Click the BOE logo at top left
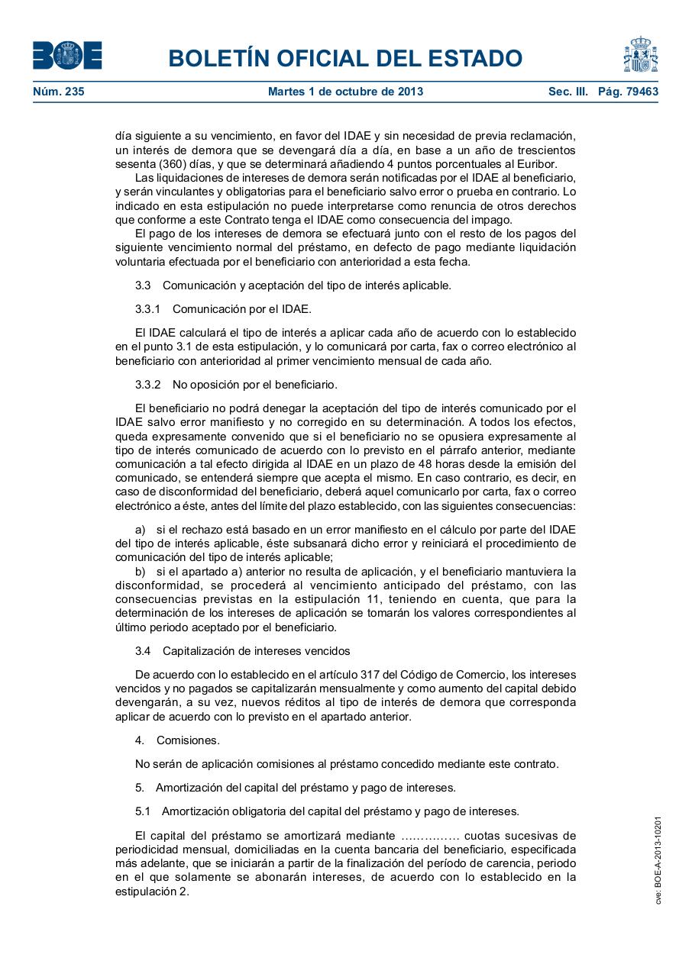click(67, 56)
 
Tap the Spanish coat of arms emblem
click(640, 55)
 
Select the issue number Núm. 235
click(59, 92)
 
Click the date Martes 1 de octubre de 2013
click(345, 92)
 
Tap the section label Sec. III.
click(568, 92)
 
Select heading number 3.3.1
click(148, 309)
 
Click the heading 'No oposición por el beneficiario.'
click(254, 384)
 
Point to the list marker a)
click(141, 530)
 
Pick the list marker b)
click(141, 571)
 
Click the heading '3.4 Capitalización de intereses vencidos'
click(242, 651)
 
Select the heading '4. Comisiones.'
click(177, 740)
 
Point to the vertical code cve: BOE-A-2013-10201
click(658, 860)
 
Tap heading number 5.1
click(143, 811)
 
